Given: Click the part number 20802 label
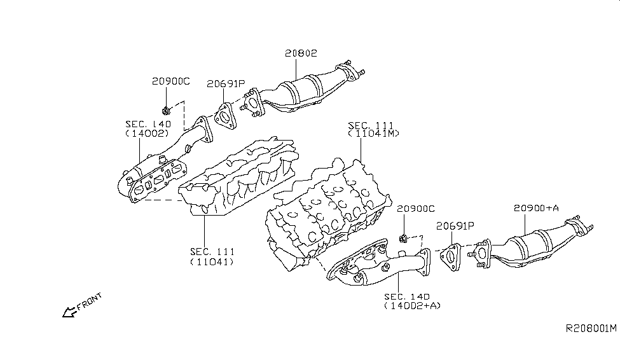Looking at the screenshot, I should [x=300, y=54].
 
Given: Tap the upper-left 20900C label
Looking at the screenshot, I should [x=170, y=81].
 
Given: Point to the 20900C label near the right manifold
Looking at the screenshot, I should [x=415, y=209].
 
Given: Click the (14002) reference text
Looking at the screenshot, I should [x=146, y=134].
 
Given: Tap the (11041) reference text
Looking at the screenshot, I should [x=211, y=261].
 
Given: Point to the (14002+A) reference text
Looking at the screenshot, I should [x=413, y=306].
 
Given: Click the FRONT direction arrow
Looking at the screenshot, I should [x=67, y=312].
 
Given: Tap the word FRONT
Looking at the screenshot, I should [x=89, y=303].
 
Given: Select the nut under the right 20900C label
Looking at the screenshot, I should [x=403, y=239].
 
